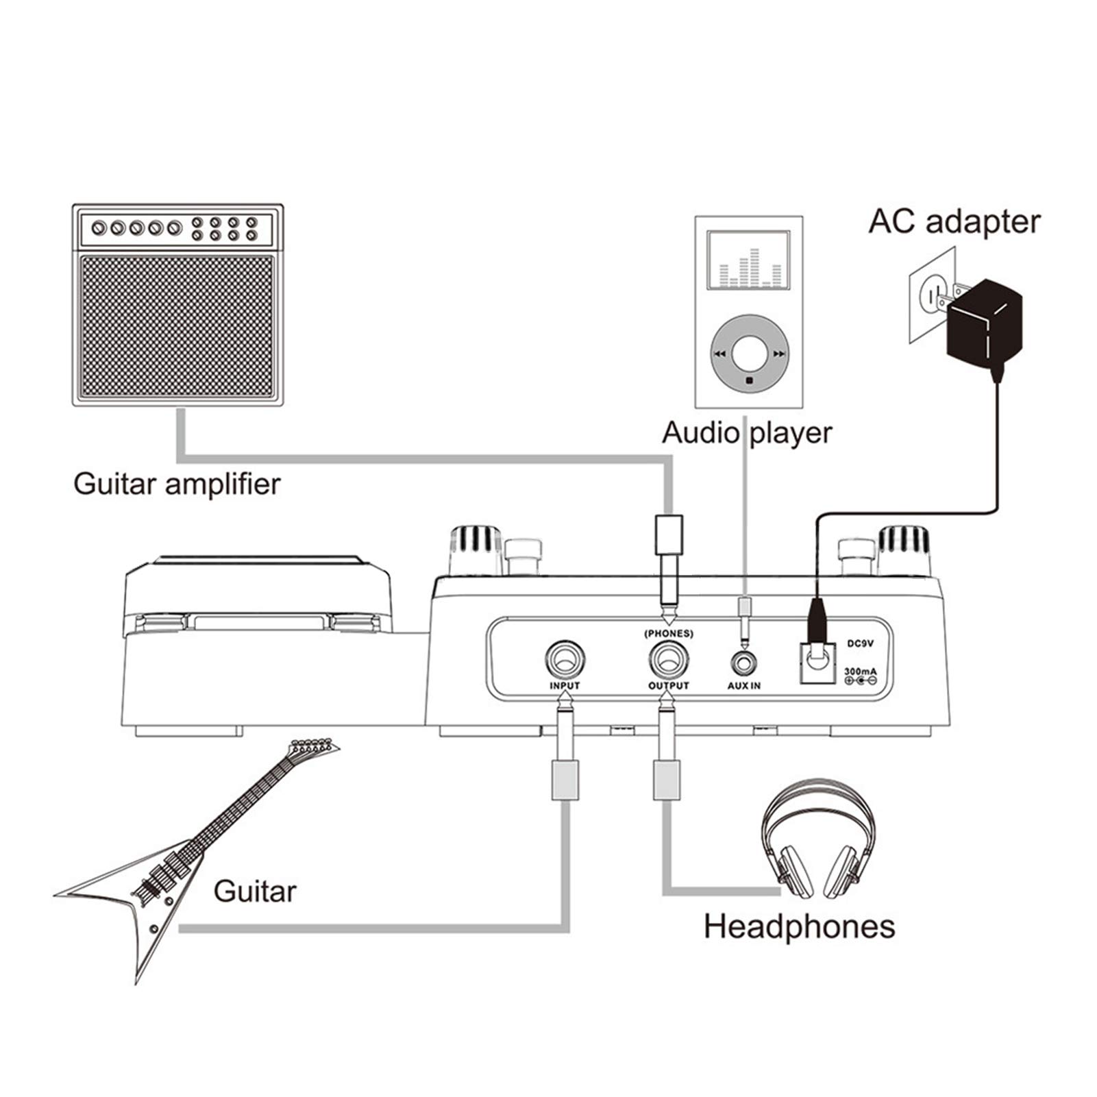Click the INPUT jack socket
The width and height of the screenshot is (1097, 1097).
click(x=565, y=661)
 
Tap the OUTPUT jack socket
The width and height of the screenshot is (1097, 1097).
click(x=668, y=661)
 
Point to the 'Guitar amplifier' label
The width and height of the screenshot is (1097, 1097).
click(x=177, y=484)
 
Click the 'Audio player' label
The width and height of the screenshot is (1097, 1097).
click(x=747, y=433)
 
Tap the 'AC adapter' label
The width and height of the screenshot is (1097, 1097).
click(x=954, y=222)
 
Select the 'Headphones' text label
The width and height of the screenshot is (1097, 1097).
click(x=799, y=926)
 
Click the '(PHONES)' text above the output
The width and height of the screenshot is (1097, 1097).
click(x=668, y=633)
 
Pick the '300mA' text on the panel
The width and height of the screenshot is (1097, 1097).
click(x=860, y=671)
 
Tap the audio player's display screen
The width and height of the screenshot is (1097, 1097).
click(x=749, y=259)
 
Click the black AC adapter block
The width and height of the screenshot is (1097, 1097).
click(x=984, y=322)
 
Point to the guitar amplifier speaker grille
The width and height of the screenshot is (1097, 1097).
click(x=177, y=328)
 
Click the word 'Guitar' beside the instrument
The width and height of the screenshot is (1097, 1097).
click(x=255, y=891)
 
